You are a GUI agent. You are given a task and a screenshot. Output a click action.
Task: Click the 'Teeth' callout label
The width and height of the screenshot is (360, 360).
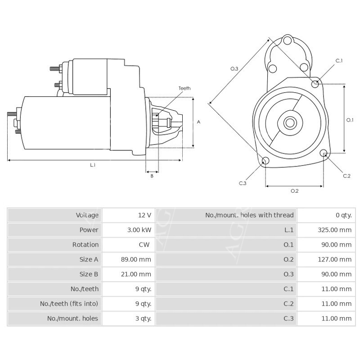pos(184,88)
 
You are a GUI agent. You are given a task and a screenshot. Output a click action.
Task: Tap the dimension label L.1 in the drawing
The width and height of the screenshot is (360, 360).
pos(93,165)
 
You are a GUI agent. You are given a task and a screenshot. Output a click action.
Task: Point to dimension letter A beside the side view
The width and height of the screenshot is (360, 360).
pos(198,122)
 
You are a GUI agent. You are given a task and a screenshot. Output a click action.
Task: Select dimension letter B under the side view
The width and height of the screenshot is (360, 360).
pos(152,176)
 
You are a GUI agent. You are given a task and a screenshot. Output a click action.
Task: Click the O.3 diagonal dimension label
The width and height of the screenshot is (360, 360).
pos(234,68)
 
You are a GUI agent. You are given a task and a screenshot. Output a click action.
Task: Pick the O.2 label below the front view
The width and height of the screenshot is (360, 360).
pos(294,191)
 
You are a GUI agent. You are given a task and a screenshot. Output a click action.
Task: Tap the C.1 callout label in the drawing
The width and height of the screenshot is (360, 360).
pos(339,61)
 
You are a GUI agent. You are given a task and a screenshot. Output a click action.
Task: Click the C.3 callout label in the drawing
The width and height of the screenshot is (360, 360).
pos(243,183)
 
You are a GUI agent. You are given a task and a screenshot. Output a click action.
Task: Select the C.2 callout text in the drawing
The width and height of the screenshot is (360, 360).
pos(346,175)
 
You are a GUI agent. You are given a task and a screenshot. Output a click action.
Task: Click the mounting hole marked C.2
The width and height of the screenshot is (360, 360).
pos(323,154)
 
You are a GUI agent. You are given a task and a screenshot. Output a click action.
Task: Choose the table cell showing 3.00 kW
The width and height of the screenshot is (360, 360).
pos(138,230)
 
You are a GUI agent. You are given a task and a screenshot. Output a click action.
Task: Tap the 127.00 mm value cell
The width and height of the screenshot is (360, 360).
pos(333,259)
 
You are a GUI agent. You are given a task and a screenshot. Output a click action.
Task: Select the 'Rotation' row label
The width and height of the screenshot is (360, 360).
pos(85,245)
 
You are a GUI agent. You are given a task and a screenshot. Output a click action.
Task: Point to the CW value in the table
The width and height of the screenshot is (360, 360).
pos(144,245)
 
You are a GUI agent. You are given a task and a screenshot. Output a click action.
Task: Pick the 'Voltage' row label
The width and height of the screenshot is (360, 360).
pos(87,215)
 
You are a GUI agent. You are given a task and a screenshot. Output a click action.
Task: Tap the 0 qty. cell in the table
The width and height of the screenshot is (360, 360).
pos(343,215)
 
